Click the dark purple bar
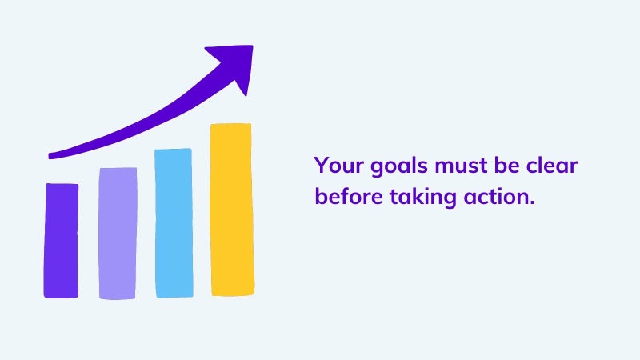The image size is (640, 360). (62, 241)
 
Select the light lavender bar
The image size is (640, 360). (118, 233)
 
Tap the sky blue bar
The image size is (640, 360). (174, 223)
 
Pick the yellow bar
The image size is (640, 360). (232, 210)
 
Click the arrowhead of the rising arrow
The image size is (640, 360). (234, 66)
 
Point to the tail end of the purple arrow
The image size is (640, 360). (50, 155)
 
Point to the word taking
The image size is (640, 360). (423, 198)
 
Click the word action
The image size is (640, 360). (495, 196)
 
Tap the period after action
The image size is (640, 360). (531, 202)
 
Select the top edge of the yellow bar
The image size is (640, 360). (230, 124)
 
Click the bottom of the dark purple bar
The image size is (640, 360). (62, 297)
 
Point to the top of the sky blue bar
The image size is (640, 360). (173, 150)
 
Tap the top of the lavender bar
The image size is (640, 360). (118, 168)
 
